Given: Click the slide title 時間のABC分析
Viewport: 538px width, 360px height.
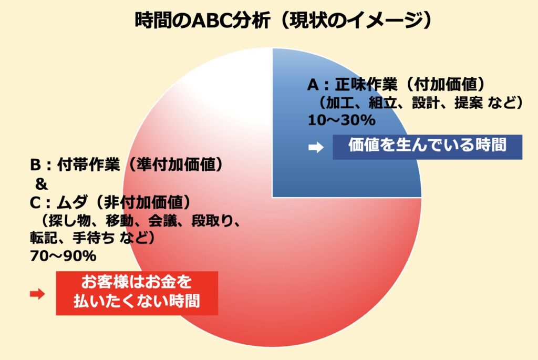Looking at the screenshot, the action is (202, 21).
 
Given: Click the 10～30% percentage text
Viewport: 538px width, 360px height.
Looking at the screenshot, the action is (342, 120).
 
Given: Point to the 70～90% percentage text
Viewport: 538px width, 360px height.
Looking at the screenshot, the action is (63, 256).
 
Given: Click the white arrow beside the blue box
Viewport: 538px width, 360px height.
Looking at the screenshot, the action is (316, 147).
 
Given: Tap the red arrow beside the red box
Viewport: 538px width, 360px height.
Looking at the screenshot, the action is (37, 294).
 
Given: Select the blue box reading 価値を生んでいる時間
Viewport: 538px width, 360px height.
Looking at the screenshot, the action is (427, 147).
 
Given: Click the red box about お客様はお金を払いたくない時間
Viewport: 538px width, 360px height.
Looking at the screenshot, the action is (137, 293).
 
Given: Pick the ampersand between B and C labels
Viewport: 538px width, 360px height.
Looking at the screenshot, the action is (41, 184).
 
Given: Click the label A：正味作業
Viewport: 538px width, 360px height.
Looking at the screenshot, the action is (352, 85).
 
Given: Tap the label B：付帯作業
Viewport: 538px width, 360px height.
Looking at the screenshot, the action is (75, 164).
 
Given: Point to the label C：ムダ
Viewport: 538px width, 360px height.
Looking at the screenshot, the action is (58, 202).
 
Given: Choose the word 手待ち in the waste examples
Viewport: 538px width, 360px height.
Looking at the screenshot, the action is (94, 238).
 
